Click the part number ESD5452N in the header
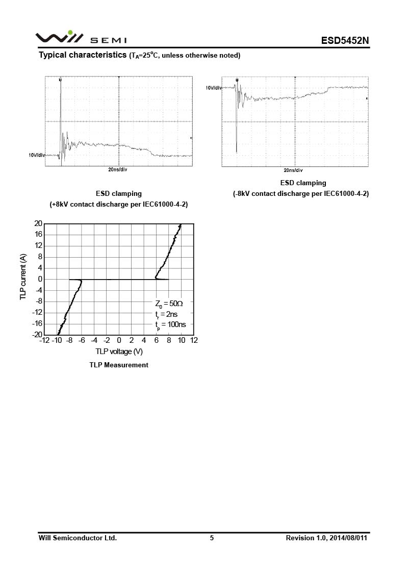[x=344, y=40]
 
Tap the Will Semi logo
[x=81, y=38]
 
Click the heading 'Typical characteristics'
[x=83, y=55]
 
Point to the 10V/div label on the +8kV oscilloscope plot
[x=37, y=155]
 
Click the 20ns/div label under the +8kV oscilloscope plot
[x=118, y=169]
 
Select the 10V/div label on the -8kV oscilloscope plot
[x=214, y=88]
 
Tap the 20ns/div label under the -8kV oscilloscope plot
[x=293, y=170]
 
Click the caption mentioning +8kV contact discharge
[x=119, y=204]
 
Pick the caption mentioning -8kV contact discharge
[x=301, y=193]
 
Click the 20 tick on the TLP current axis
[x=38, y=223]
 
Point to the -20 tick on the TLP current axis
[x=37, y=335]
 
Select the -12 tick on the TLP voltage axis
[x=44, y=340]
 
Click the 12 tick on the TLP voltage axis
[x=194, y=340]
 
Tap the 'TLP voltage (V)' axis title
[x=119, y=352]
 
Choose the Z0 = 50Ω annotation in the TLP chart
[x=168, y=303]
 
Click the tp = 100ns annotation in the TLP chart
[x=170, y=324]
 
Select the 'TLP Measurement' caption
[x=119, y=365]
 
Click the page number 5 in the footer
[x=212, y=538]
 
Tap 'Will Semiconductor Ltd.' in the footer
[x=78, y=538]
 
